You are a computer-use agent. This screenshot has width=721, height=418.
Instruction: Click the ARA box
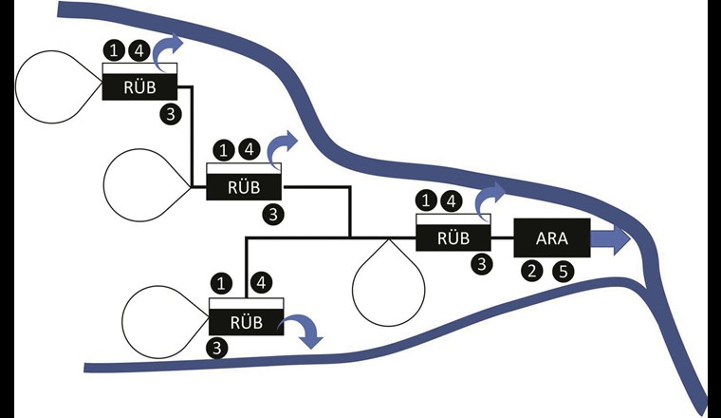pos(551,237)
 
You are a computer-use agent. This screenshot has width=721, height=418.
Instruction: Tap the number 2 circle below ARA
pos(533,272)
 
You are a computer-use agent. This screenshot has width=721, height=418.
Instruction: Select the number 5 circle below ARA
pos(564,272)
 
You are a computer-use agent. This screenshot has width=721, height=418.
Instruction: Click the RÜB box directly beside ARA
pos(453,237)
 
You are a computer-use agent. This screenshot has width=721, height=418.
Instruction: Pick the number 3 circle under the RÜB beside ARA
pos(483,265)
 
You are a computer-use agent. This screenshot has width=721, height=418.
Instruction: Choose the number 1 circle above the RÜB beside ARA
pos(427,200)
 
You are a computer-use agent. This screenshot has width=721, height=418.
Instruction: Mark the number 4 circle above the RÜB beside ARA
pos(453,200)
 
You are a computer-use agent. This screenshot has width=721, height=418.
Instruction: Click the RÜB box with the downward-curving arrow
pos(245,320)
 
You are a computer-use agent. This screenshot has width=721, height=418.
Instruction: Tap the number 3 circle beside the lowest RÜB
pos(219,348)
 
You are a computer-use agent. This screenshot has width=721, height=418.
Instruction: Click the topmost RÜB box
pos(139,87)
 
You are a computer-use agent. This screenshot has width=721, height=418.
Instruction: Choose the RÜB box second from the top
pos(244,186)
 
